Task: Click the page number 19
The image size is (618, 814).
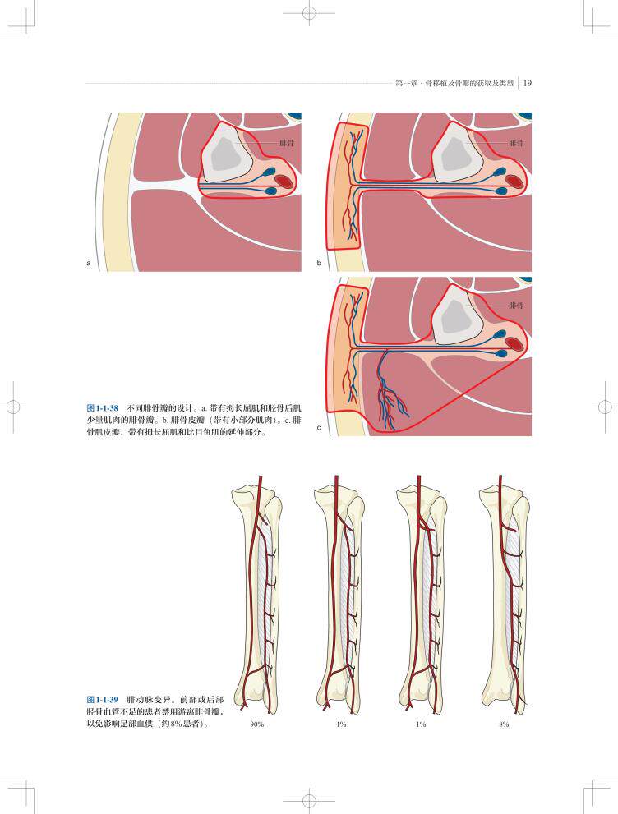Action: click(x=528, y=82)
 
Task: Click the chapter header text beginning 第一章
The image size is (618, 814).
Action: click(x=454, y=82)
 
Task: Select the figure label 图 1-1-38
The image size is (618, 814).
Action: click(x=103, y=407)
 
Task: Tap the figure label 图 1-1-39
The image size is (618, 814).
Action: click(x=103, y=700)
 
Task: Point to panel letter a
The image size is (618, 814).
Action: click(x=88, y=264)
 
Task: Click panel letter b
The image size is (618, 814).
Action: click(x=319, y=264)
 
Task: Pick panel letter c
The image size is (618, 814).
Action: click(x=319, y=428)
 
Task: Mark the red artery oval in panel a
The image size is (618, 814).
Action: click(x=284, y=181)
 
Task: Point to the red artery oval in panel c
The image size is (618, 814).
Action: click(x=514, y=343)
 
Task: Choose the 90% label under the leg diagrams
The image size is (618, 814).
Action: click(x=256, y=724)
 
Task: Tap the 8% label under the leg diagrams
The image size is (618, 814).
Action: click(x=504, y=724)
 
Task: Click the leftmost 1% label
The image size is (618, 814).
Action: click(x=339, y=724)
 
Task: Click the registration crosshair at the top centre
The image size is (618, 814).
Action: click(x=309, y=14)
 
